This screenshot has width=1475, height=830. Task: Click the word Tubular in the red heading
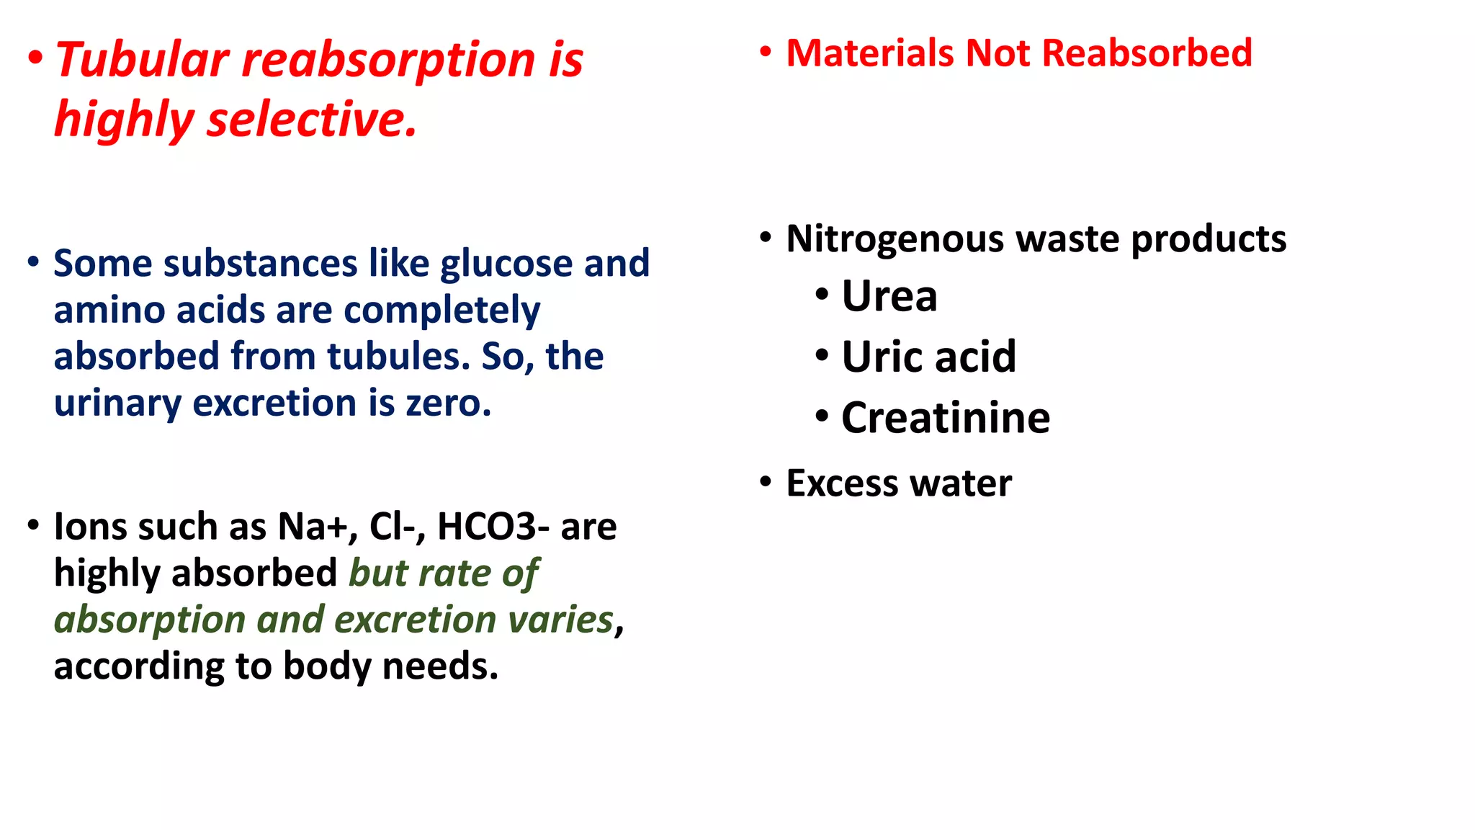click(142, 60)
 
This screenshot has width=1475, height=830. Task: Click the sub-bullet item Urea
click(889, 296)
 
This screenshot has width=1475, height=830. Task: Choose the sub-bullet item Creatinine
click(945, 418)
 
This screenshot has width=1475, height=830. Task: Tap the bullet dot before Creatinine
click(822, 416)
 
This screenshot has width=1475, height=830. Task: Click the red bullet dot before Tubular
click(35, 58)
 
